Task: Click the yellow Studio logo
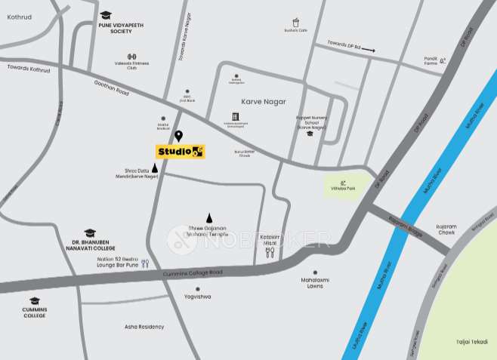click(181, 152)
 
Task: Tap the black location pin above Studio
click(179, 136)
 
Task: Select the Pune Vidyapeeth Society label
click(121, 28)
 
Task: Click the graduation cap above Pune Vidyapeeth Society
click(106, 15)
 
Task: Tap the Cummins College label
click(34, 312)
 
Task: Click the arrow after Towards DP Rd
click(369, 50)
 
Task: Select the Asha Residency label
click(144, 327)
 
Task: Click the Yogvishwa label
click(197, 297)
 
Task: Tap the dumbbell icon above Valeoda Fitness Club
click(131, 57)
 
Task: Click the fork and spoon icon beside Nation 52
click(145, 263)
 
